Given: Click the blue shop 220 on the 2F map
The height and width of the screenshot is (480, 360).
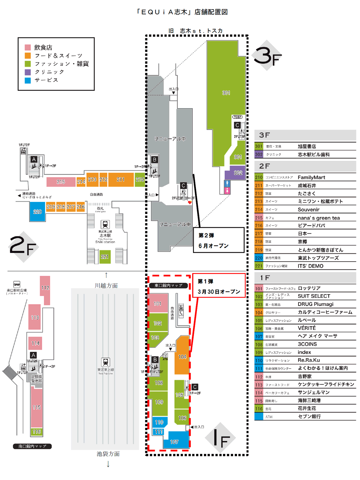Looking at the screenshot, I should tap(37, 211).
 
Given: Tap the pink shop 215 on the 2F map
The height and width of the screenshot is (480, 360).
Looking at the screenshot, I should tap(61, 182).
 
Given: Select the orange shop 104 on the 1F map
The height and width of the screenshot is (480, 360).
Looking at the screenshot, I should tap(182, 356).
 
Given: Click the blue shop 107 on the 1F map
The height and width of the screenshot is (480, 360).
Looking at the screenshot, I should tap(175, 441).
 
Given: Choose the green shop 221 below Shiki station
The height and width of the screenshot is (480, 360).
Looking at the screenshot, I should tap(105, 256).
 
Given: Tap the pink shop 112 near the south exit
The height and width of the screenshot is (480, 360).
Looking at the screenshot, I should tap(45, 288).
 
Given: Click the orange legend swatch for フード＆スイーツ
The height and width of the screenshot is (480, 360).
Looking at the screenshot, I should tap(28, 56).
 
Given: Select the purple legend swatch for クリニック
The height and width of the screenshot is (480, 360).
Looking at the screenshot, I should tap(28, 72).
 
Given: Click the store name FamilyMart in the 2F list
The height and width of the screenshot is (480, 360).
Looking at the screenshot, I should tap(311, 177).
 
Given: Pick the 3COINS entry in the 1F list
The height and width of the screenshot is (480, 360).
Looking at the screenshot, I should tap(307, 344).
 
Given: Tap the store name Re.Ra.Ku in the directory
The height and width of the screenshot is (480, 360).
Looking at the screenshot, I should tap(309, 360).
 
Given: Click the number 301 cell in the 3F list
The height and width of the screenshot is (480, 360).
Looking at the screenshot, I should tap(259, 146).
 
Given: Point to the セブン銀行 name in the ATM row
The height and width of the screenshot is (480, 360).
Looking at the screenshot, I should tap(309, 416).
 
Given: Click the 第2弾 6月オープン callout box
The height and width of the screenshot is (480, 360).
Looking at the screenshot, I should tap(219, 240).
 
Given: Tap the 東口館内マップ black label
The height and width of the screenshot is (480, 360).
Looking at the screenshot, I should tap(168, 285).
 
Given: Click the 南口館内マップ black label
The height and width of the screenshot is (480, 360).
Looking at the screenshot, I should tap(32, 446).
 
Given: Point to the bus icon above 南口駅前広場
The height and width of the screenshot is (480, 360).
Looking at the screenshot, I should tap(17, 284).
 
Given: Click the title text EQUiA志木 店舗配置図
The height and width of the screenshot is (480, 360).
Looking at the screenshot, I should tap(182, 12).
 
